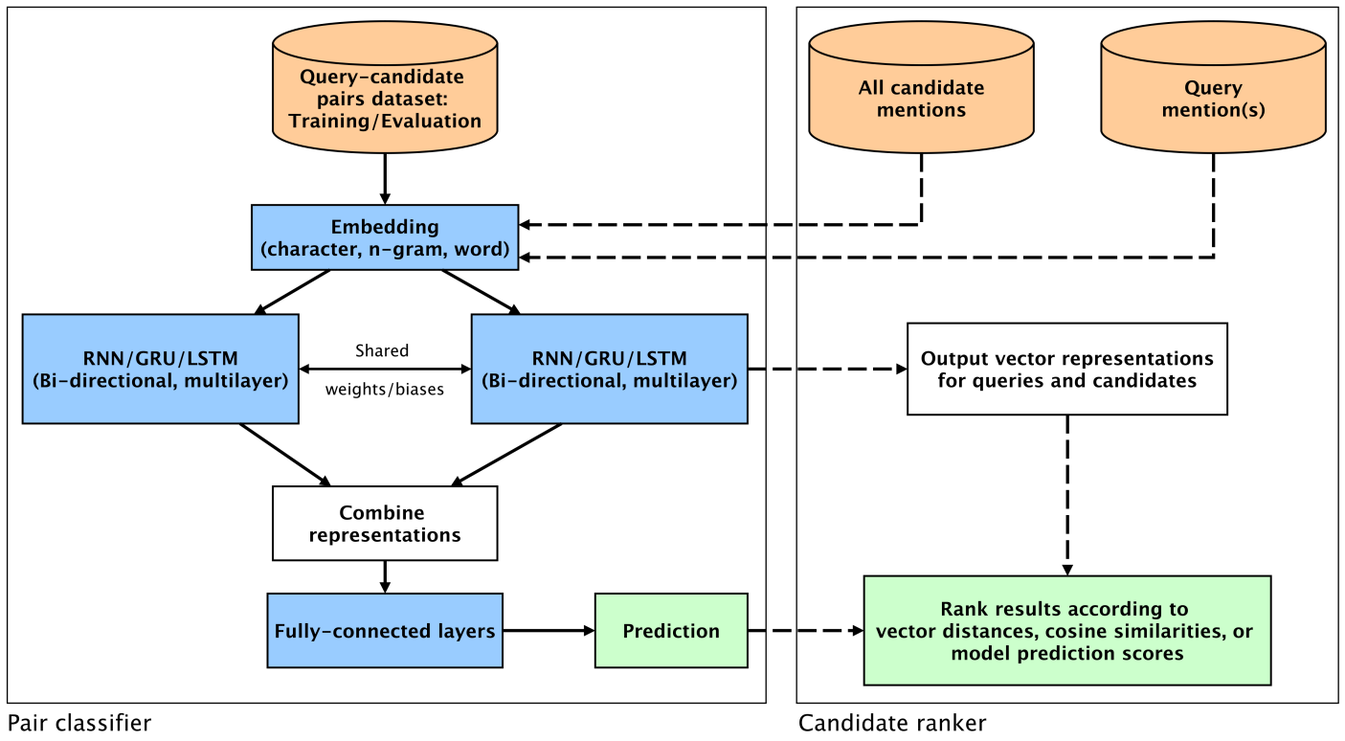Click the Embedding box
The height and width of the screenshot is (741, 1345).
385,237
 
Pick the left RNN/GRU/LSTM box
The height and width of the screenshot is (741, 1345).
160,369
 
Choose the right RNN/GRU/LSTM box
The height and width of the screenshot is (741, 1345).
609,369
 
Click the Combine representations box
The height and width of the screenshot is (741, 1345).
385,524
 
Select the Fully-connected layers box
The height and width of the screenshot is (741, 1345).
385,631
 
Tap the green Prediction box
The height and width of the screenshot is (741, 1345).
671,631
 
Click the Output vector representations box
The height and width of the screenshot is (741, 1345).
1066,369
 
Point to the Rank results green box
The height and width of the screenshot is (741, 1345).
1066,631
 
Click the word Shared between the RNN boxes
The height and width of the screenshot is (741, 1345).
382,351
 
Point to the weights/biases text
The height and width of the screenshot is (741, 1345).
385,390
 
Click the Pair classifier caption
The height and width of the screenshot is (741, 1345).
79,723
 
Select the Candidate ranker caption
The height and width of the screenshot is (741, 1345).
892,723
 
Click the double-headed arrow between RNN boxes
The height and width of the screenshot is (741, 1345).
385,369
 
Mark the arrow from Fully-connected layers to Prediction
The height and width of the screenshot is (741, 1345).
549,631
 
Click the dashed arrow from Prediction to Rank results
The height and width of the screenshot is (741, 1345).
805,631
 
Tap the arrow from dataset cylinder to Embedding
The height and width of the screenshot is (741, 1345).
385,178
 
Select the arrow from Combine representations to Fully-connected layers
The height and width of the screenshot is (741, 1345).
385,576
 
